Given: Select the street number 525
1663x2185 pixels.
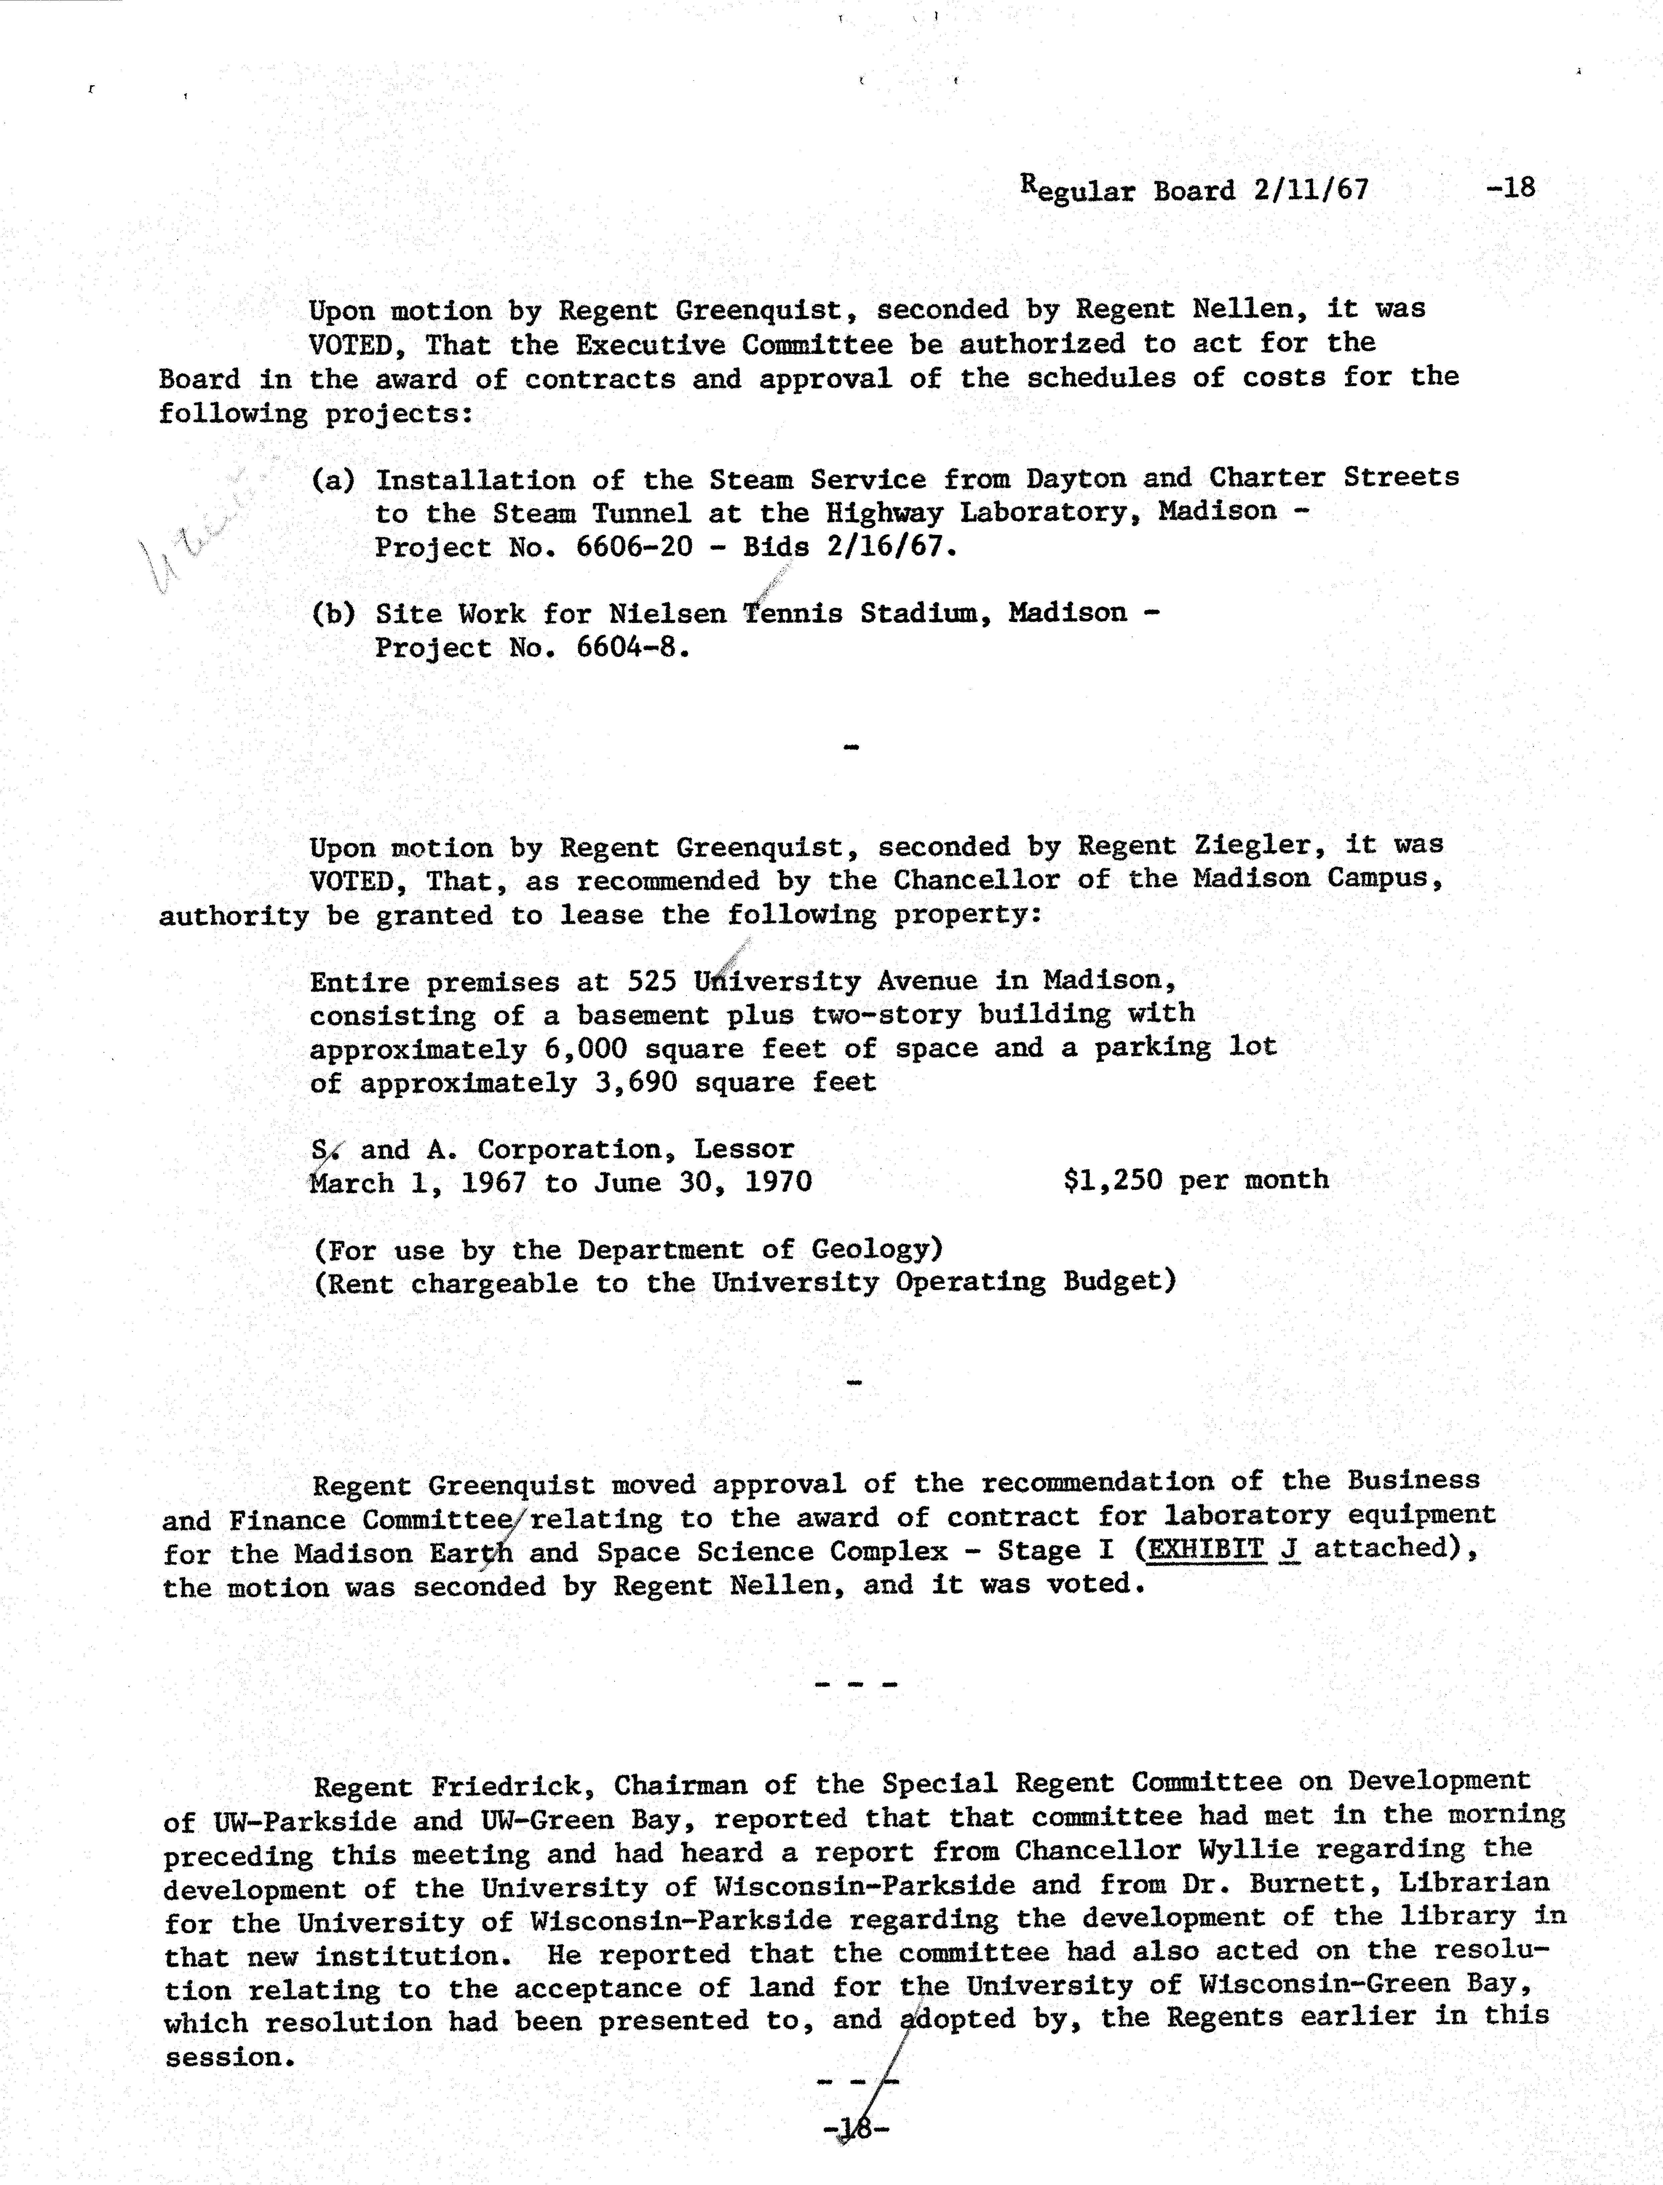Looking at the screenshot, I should coord(652,981).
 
